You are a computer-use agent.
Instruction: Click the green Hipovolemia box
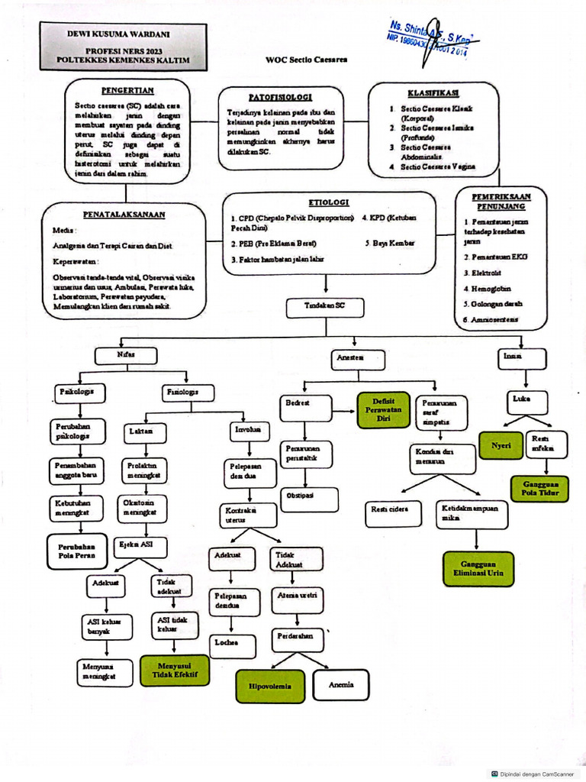[269, 686]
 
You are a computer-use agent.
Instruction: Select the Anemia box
[340, 685]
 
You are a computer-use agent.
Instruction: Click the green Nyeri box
[501, 444]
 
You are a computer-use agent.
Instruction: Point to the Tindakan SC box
[326, 307]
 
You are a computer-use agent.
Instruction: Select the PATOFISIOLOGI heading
[280, 98]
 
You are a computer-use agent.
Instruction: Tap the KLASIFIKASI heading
[432, 92]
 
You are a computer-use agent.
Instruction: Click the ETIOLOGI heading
[329, 202]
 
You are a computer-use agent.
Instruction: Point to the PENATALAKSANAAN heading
[124, 215]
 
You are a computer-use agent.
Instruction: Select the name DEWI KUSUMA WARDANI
[123, 34]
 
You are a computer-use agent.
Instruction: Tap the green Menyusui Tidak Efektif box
[175, 670]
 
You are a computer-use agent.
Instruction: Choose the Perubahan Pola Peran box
[77, 551]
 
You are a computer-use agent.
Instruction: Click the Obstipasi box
[301, 496]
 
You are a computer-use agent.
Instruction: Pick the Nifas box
[126, 355]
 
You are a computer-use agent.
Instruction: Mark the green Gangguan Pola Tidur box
[540, 489]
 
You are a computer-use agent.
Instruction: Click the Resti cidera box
[394, 509]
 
